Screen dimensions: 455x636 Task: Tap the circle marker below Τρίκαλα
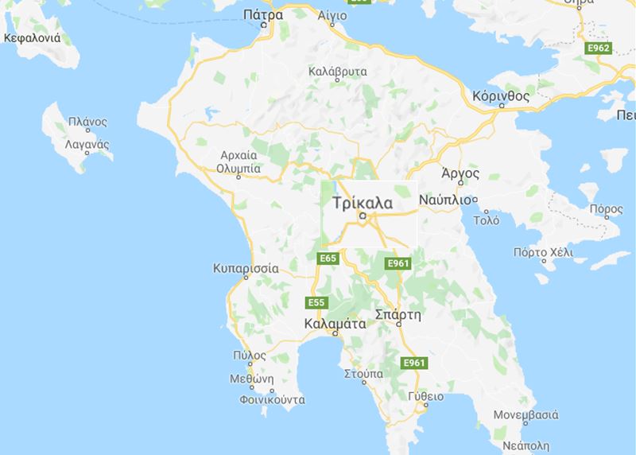(363, 215)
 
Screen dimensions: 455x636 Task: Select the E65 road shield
(328, 259)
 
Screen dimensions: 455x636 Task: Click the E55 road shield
(316, 302)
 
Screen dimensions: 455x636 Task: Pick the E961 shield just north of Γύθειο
(414, 363)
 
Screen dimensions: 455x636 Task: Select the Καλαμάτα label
(335, 324)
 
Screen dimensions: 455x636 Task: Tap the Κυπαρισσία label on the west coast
(246, 268)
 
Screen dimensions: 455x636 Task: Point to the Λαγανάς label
(87, 144)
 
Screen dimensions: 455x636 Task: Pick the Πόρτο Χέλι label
(543, 253)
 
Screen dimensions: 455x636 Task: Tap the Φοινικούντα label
(273, 400)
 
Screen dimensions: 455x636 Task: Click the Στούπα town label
(363, 372)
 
